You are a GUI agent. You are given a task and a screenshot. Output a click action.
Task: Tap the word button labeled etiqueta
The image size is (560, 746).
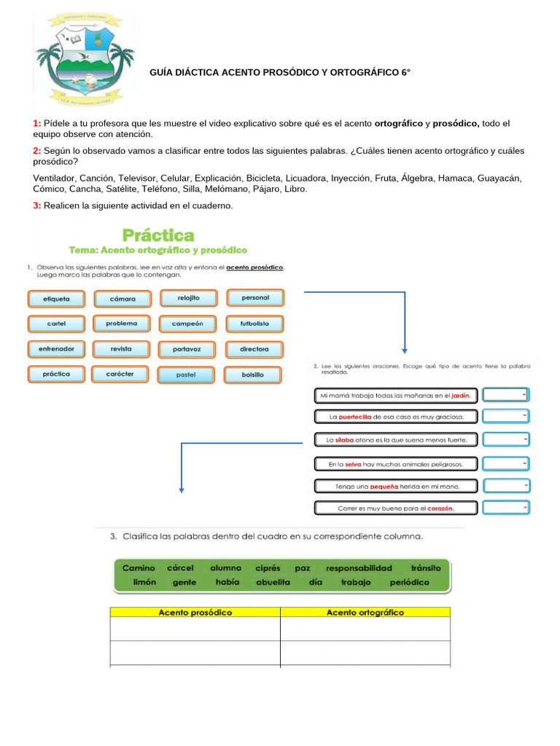click(x=56, y=299)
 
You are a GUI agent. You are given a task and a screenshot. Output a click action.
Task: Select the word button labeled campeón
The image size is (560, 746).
click(x=187, y=323)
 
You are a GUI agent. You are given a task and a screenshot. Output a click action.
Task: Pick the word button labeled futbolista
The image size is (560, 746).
click(x=254, y=323)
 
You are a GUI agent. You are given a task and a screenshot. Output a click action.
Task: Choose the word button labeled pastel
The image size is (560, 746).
click(x=187, y=375)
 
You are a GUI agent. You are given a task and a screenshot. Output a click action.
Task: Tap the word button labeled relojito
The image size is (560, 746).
click(x=187, y=298)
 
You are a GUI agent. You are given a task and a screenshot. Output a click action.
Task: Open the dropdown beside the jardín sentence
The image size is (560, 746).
click(x=506, y=395)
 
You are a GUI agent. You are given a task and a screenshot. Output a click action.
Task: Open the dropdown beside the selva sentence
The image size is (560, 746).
click(x=506, y=463)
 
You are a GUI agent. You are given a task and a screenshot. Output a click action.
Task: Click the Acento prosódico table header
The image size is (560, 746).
click(x=195, y=613)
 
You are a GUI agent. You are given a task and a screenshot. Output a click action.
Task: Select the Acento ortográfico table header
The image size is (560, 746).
click(x=365, y=613)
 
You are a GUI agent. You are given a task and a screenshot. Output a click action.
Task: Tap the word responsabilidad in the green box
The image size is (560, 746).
click(x=359, y=568)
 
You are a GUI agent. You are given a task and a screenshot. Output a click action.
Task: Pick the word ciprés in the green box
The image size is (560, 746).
click(x=268, y=568)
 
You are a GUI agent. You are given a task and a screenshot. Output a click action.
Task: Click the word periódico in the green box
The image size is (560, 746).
click(x=410, y=583)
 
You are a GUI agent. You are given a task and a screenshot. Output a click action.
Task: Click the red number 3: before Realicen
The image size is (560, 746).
click(x=36, y=206)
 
